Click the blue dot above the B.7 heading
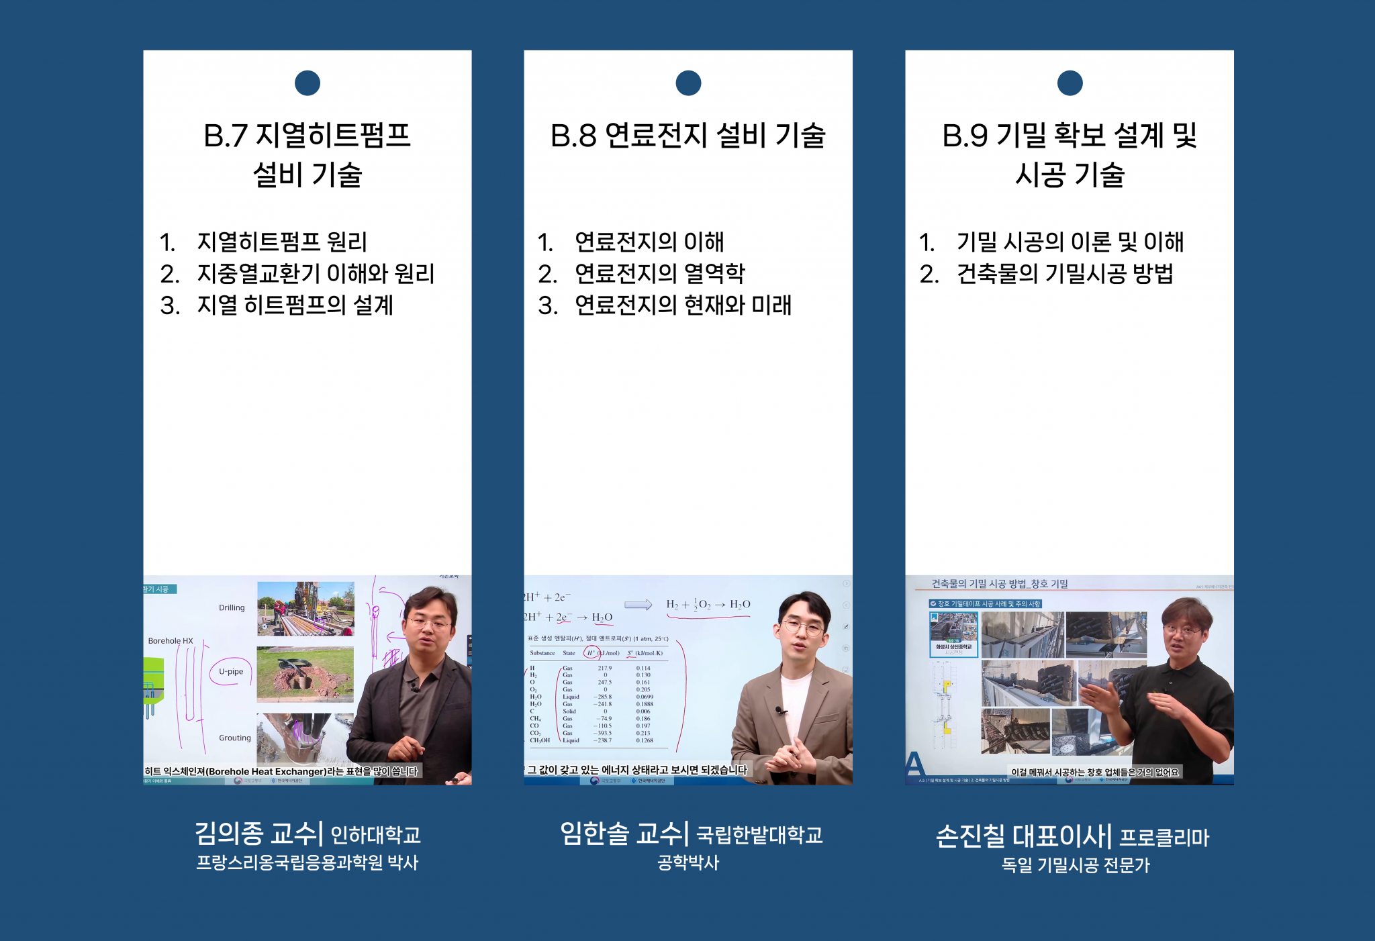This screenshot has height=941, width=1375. tap(307, 83)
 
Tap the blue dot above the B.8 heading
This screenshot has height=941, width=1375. tap(688, 83)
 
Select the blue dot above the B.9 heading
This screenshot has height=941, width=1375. tap(1070, 83)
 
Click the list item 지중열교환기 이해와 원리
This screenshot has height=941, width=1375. tap(316, 274)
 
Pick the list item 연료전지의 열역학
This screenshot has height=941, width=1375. tap(660, 274)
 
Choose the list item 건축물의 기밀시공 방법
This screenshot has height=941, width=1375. tap(1065, 274)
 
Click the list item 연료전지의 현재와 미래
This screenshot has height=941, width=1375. tap(683, 305)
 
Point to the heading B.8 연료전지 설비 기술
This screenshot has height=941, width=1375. tap(688, 136)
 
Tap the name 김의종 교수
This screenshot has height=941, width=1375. tap(258, 834)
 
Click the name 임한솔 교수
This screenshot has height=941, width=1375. tap(624, 834)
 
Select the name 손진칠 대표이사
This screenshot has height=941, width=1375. tap(1024, 836)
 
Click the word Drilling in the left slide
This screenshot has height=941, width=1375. tap(232, 608)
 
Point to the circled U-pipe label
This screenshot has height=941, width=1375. tap(231, 671)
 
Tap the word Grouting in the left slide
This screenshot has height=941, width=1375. tap(235, 738)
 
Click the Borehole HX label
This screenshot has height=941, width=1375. tap(171, 641)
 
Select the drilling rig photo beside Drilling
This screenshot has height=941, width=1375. tap(305, 609)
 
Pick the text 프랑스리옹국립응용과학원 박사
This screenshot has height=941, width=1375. tap(307, 863)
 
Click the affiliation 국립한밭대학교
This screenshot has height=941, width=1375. tap(759, 836)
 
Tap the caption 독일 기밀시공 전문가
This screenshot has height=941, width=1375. tap(1076, 866)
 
